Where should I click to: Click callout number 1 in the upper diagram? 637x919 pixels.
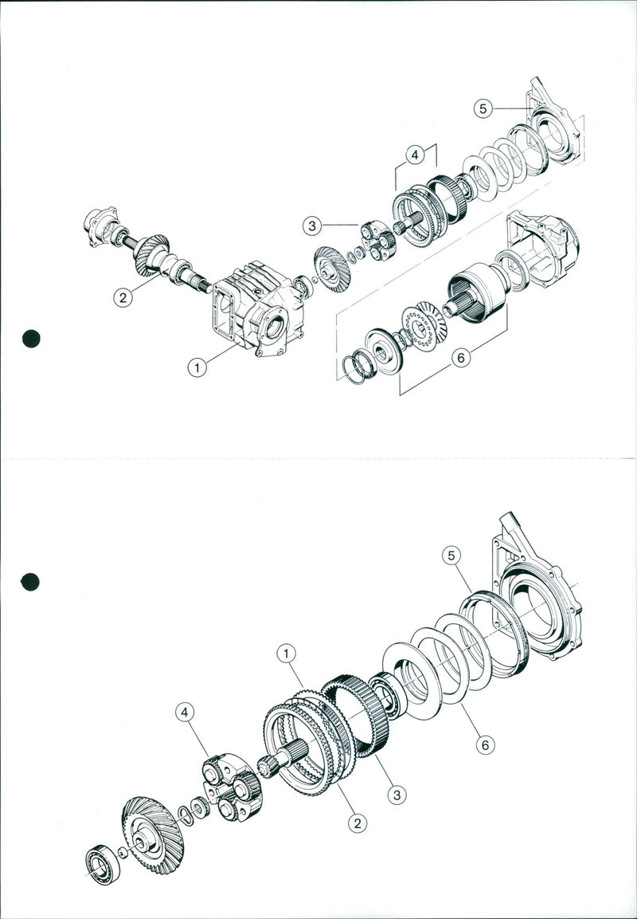point(197,367)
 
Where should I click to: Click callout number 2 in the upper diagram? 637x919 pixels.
point(122,297)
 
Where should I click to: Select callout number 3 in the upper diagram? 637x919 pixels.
point(313,226)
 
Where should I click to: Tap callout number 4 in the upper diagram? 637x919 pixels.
point(414,156)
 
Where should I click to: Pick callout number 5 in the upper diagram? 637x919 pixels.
point(483,108)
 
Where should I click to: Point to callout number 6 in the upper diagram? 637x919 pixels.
point(459,359)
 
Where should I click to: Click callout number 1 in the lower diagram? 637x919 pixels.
point(287,653)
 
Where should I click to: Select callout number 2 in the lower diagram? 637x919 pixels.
point(359,823)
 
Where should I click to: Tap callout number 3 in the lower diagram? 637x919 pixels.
point(396,794)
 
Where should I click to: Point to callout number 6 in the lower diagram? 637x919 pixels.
point(483,745)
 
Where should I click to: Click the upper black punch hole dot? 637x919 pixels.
point(31,338)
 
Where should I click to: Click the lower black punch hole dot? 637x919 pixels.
point(30,582)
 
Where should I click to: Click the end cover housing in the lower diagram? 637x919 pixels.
point(540,598)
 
